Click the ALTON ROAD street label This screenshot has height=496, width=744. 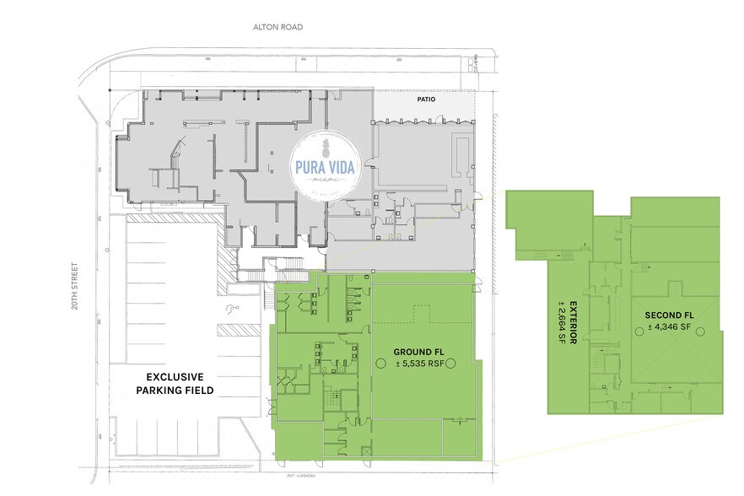278,27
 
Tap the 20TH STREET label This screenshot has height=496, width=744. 74,285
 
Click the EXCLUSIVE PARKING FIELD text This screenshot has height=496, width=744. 175,383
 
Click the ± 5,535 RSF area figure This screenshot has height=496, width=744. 416,364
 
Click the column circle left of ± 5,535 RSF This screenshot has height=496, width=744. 380,364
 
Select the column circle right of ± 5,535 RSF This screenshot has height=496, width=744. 450,364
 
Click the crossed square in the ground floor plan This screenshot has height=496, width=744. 364,453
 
